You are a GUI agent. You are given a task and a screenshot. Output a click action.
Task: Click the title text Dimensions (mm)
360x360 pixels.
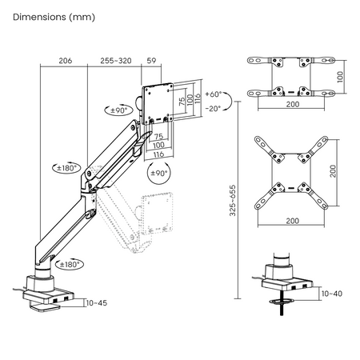coord(46,17)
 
